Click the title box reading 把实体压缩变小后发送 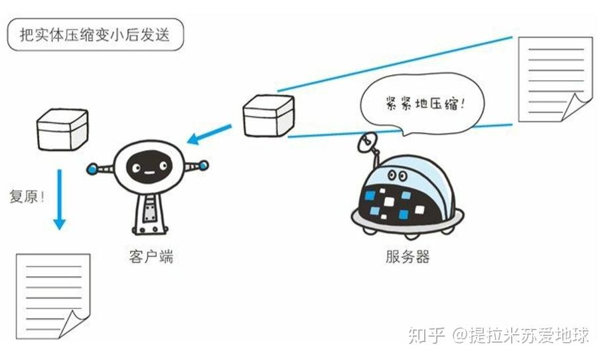(96, 35)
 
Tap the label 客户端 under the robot (151, 256)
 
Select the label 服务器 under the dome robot (408, 256)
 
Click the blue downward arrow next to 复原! (59, 199)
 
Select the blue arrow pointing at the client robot (209, 134)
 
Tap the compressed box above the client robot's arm (62, 130)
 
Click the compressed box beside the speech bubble (269, 116)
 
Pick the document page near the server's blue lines (555, 80)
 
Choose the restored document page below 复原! (53, 296)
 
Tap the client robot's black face (149, 167)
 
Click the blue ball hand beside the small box (92, 169)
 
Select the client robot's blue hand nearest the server (203, 166)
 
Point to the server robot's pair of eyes (398, 176)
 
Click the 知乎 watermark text (427, 335)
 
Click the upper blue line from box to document (395, 64)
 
